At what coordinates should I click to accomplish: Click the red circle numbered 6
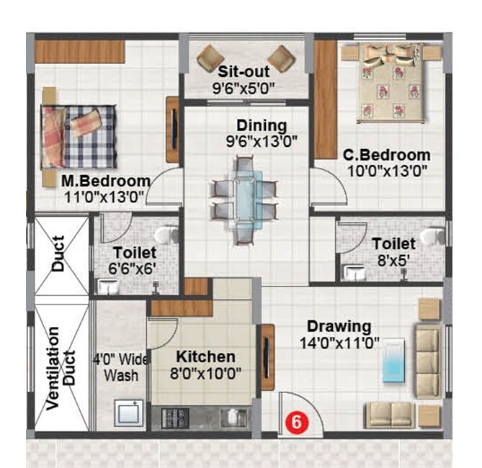coord(294,420)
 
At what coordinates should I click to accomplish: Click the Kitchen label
coord(205,357)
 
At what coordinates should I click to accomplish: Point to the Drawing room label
coord(339,326)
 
